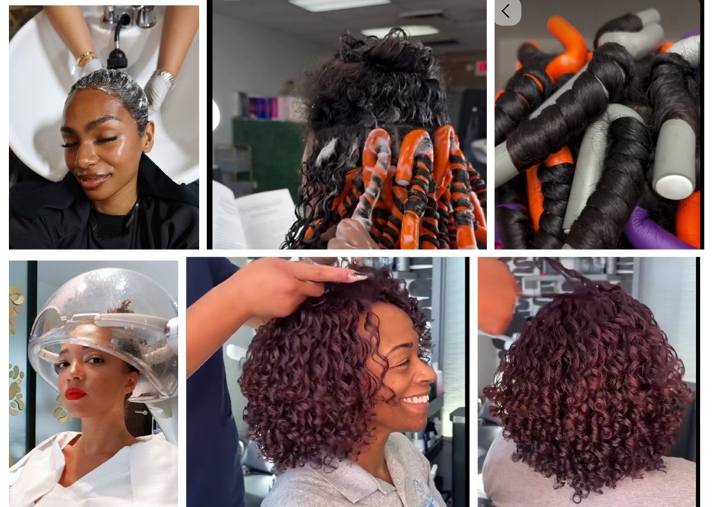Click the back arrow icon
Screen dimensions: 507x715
506,11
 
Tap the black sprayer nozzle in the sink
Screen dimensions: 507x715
117,58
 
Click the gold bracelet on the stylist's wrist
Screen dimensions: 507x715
86,58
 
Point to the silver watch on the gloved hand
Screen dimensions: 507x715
164,76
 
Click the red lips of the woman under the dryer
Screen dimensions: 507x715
76,394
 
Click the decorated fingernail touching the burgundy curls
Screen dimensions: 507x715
358,276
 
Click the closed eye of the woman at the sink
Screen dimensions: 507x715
76,145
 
